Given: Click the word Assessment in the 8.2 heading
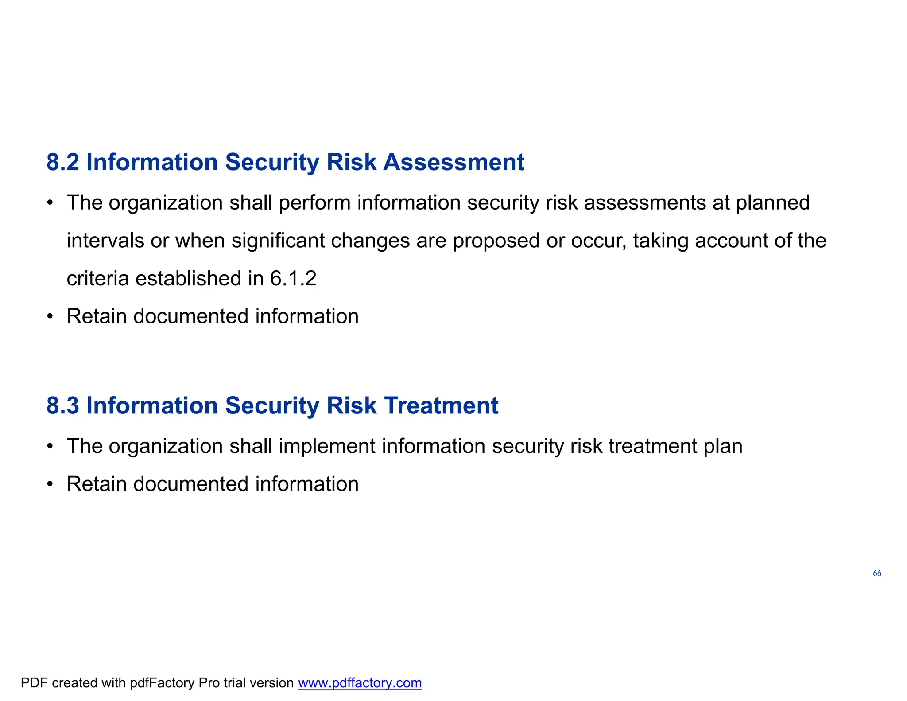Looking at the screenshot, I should pos(453,162).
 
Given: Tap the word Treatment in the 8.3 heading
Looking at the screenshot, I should pos(441,406).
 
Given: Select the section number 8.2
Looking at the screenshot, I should pos(63,162).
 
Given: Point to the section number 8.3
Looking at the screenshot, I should pos(63,406).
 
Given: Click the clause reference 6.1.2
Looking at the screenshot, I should pos(293,279).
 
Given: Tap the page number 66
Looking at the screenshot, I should pos(877,573).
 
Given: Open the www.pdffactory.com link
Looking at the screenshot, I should pos(360,683).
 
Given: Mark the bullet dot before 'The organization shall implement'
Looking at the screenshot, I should pos(50,446).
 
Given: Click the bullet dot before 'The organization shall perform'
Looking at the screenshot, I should pos(50,203).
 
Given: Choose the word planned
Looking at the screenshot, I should pos(772,203).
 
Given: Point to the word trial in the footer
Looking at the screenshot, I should pos(233,683).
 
